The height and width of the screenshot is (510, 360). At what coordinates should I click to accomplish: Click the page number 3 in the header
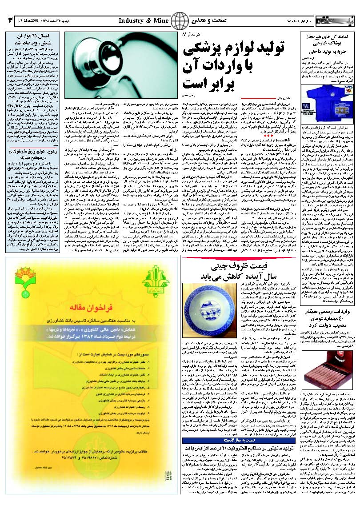coord(10,20)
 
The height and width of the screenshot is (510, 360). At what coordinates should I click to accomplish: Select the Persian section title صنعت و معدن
coord(204,20)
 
